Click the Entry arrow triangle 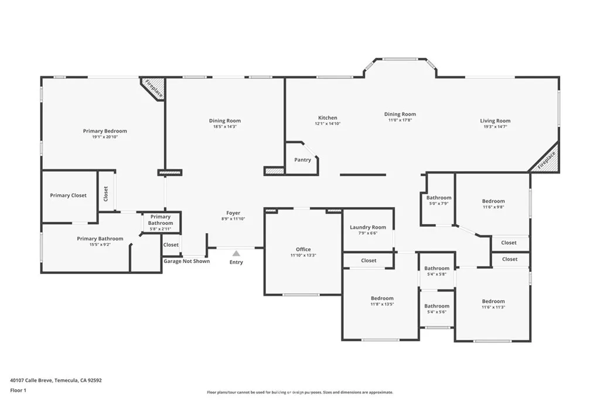236,253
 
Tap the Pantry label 302,160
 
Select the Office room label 303,249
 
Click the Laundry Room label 368,227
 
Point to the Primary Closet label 68,196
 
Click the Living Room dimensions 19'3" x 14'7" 495,127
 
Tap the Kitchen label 328,118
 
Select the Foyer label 233,213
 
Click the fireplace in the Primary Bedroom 153,88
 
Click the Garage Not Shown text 187,261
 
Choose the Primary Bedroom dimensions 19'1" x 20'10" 105,137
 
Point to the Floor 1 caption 18,391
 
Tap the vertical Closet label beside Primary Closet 106,193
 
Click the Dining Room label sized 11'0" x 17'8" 400,114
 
